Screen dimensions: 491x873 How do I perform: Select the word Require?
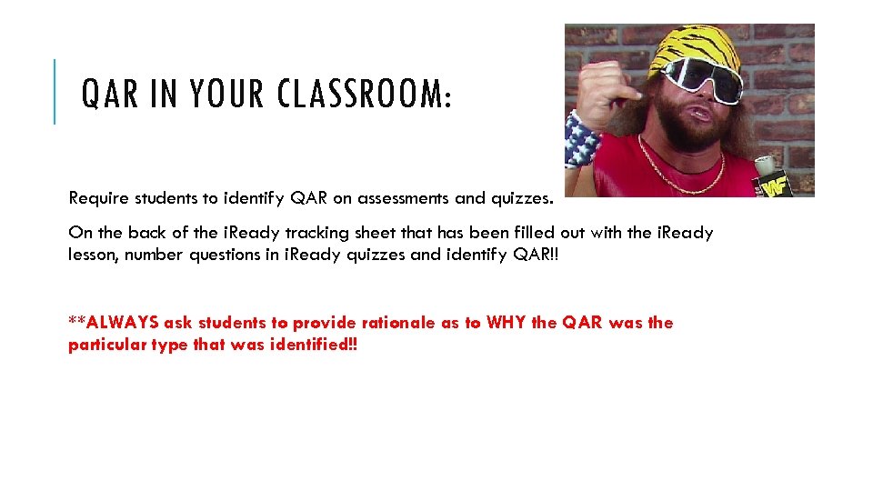tap(97, 196)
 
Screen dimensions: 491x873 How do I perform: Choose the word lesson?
tap(93, 255)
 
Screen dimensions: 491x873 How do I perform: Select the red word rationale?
tap(398, 323)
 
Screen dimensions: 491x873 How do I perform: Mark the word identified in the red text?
tap(311, 346)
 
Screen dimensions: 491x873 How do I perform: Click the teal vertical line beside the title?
tap(55, 91)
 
